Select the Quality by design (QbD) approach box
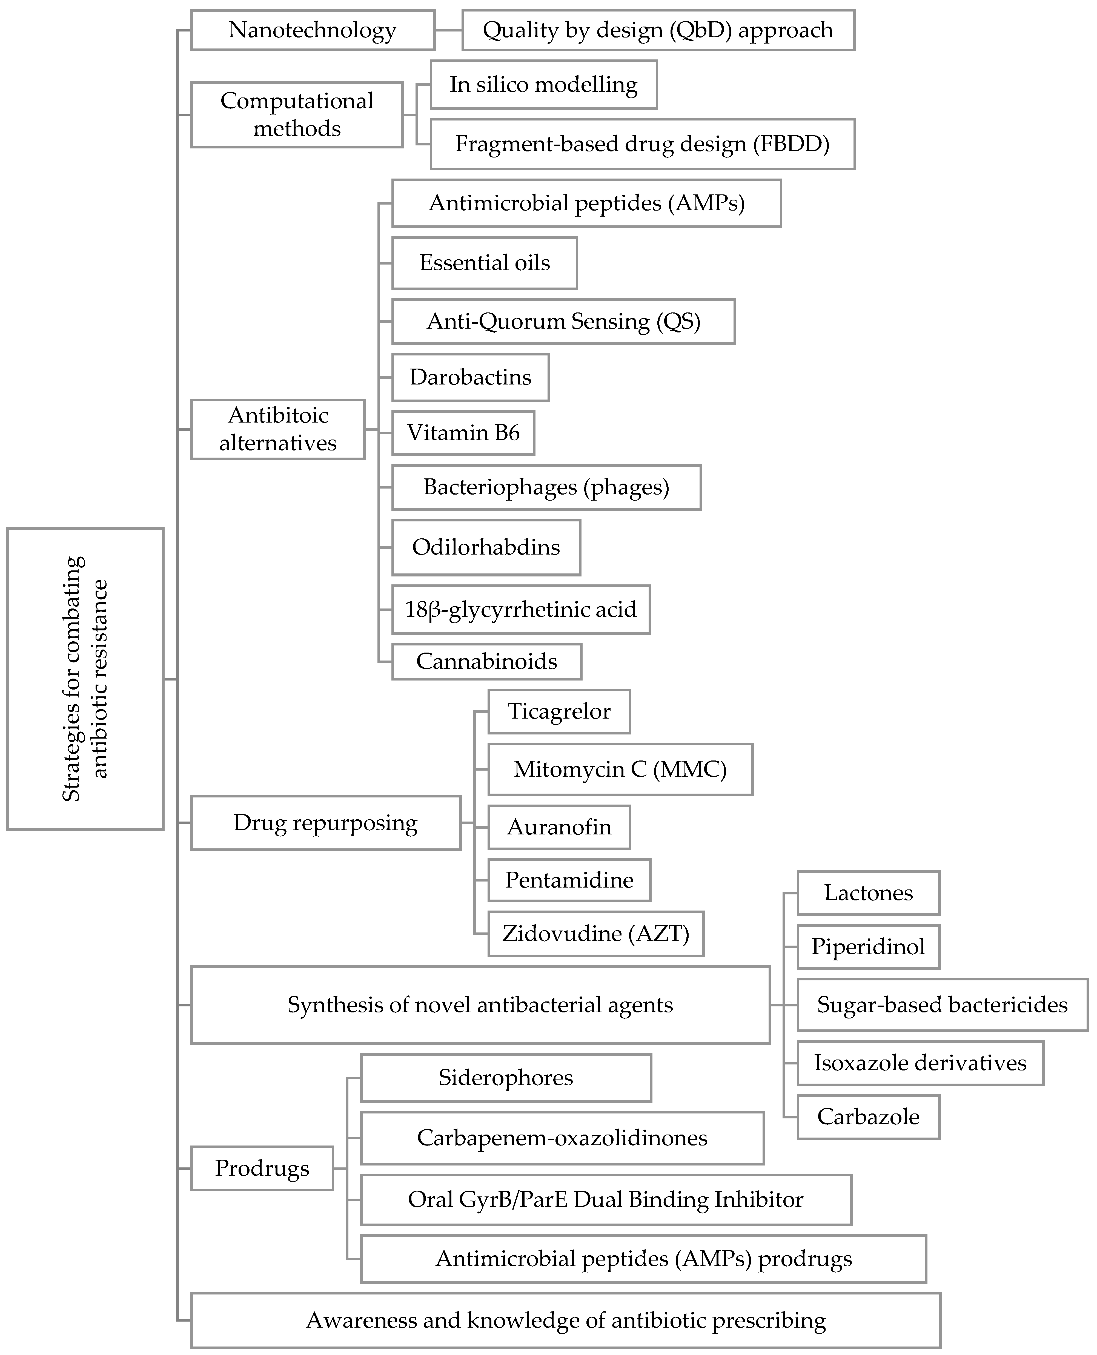[658, 30]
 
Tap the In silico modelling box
[543, 85]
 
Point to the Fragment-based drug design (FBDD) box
[642, 144]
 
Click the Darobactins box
[470, 377]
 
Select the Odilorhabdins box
[486, 547]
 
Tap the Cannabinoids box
[486, 661]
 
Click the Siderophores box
[506, 1078]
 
